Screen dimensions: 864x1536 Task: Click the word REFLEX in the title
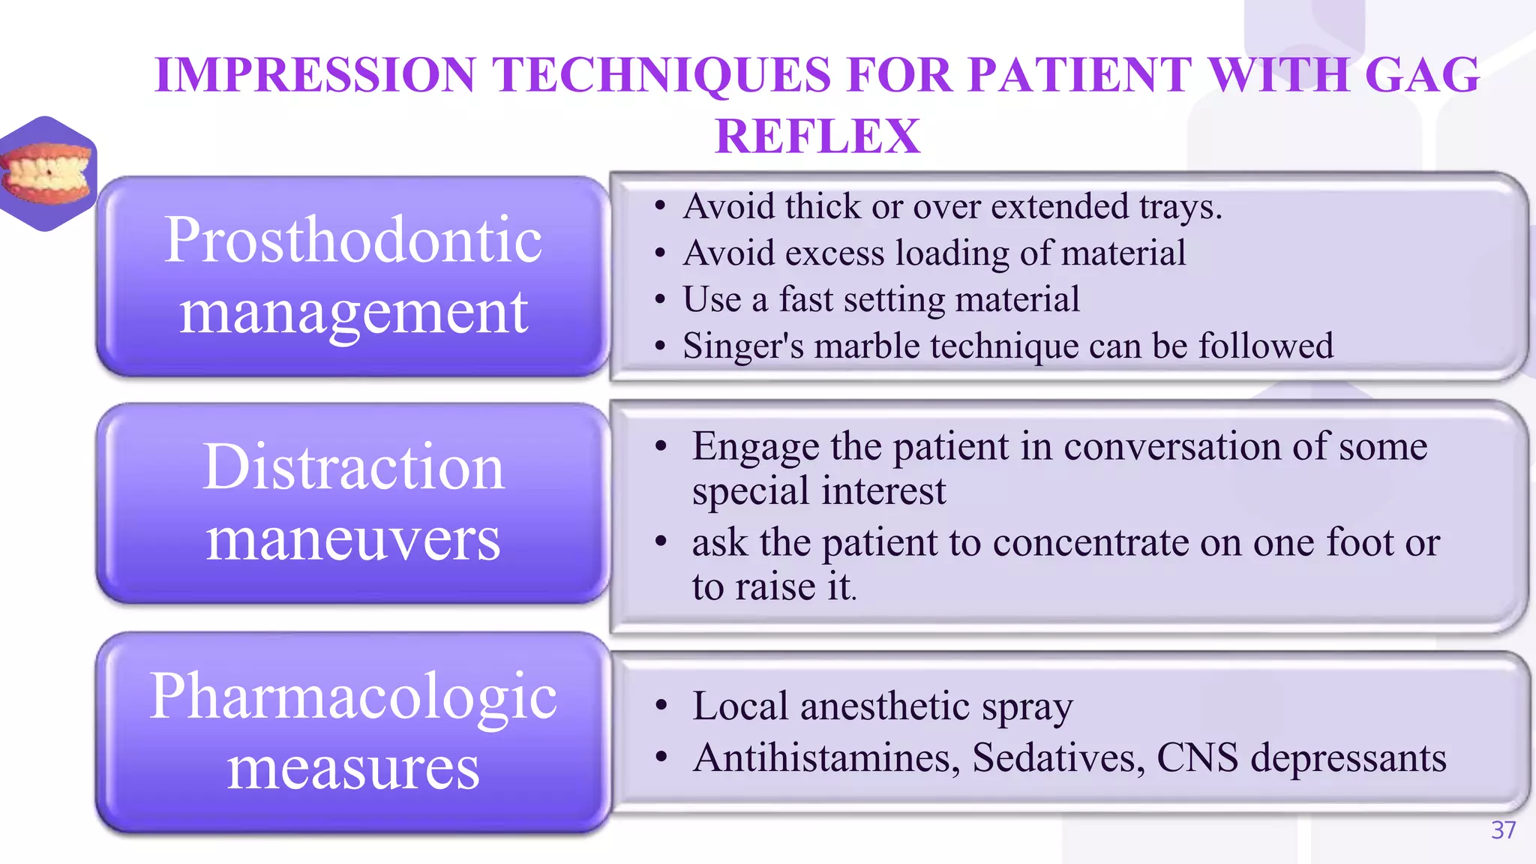(x=817, y=136)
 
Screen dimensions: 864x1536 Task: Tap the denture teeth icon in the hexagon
(x=46, y=174)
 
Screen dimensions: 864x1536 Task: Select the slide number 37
(x=1503, y=830)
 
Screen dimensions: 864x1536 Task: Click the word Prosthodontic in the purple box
(x=352, y=240)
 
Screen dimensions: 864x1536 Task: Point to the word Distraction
(x=352, y=467)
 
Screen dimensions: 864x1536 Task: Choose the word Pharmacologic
(x=352, y=696)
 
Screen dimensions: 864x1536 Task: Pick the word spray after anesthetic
(x=1027, y=707)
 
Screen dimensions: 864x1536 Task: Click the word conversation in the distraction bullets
(x=1171, y=447)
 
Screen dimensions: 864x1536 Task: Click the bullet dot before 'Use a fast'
(x=660, y=300)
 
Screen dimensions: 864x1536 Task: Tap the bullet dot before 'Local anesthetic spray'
(x=661, y=706)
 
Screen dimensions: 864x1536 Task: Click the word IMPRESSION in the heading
(x=315, y=75)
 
